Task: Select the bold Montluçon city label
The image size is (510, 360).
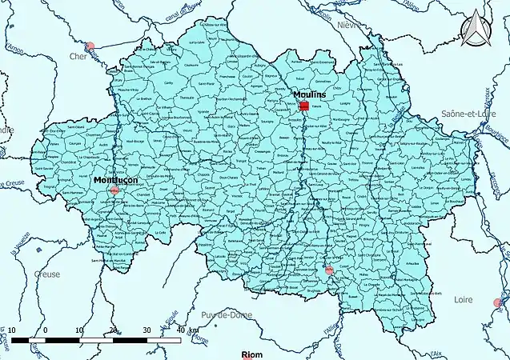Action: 115,180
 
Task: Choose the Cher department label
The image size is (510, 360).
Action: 78,57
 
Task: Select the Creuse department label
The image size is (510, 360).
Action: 48,273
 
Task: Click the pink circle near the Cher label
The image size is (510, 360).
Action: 90,47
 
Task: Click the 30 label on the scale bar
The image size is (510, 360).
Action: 146,330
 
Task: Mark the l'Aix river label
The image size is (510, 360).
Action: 436,353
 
